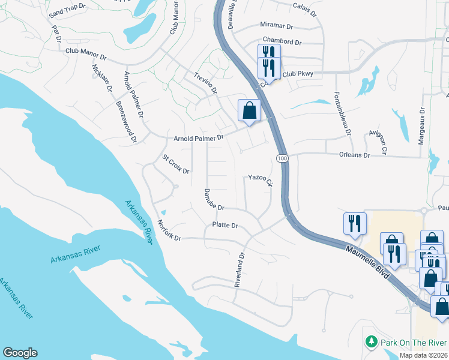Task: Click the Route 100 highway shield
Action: (282, 158)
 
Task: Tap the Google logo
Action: (20, 353)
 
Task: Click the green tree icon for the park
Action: (372, 343)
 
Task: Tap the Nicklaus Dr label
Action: (102, 77)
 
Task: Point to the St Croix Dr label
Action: (176, 164)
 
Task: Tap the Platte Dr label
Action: (225, 226)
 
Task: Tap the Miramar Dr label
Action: (276, 26)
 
